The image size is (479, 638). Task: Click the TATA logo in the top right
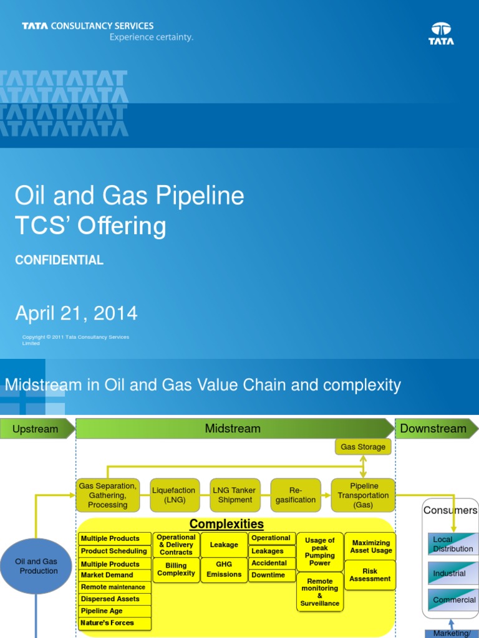441,34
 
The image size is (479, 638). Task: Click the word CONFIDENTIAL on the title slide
59,260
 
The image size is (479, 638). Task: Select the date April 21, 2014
76,313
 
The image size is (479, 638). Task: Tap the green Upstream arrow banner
36,429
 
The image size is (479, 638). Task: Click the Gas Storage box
363,447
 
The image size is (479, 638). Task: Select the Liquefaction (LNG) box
174,495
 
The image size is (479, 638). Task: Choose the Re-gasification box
296,495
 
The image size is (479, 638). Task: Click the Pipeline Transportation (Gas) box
363,495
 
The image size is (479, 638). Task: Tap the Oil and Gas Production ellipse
36,566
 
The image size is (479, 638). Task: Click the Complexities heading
226,524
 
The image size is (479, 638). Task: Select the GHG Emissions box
224,569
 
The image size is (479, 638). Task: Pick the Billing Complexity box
176,569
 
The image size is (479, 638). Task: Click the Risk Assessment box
370,575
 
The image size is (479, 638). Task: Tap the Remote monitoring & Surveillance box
320,592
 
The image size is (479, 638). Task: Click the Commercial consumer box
453,600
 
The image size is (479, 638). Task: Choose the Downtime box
273,575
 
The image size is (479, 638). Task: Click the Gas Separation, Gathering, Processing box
107,495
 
